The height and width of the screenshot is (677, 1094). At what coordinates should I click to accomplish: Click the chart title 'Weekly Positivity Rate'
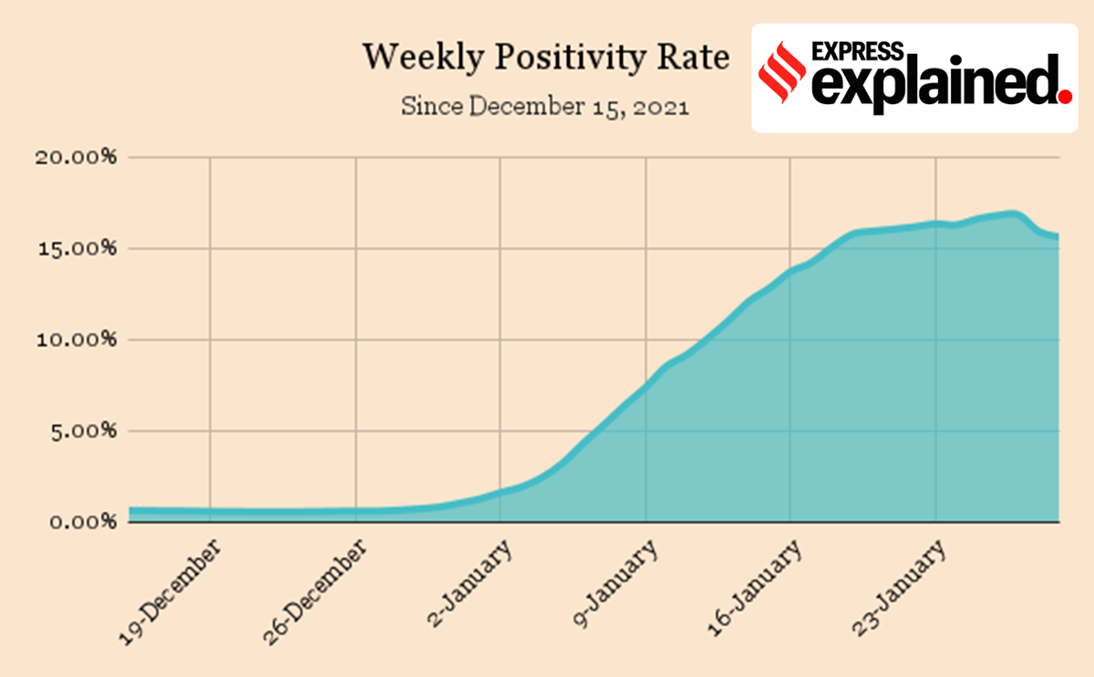click(546, 57)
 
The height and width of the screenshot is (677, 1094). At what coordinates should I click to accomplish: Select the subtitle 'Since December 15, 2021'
click(544, 106)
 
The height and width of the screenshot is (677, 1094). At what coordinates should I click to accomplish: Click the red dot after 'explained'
click(1063, 94)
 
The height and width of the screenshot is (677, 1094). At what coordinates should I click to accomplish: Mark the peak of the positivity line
click(1010, 214)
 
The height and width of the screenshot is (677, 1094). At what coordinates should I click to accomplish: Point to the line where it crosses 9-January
click(645, 387)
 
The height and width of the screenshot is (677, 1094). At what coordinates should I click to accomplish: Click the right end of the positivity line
click(1056, 236)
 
